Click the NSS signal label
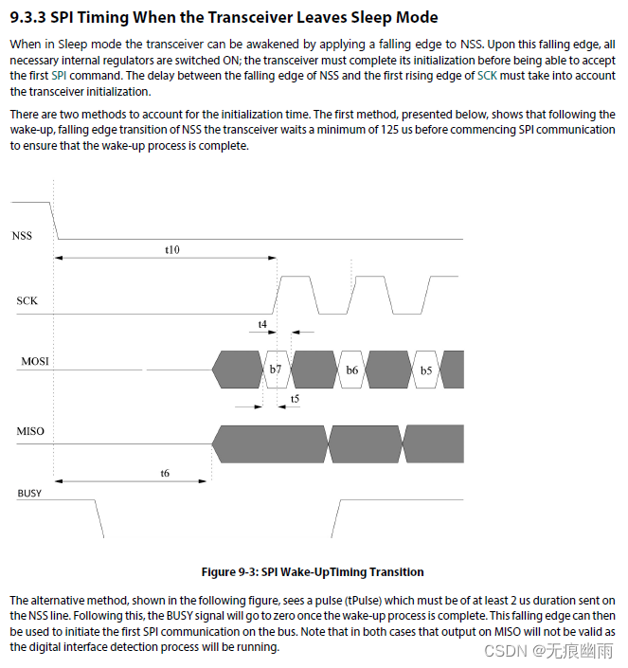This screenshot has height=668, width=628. click(22, 235)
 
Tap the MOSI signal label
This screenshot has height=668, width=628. click(35, 362)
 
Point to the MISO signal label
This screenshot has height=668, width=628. click(30, 432)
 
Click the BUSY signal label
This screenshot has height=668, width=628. click(29, 494)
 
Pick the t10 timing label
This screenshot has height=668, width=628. click(170, 249)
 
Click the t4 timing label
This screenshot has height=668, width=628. click(262, 324)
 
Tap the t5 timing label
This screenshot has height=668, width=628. click(295, 400)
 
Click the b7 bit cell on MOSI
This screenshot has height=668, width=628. click(276, 370)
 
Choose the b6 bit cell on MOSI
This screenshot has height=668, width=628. click(351, 370)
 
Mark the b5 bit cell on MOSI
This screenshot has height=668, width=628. click(425, 370)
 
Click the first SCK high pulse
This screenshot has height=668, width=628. click(297, 279)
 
